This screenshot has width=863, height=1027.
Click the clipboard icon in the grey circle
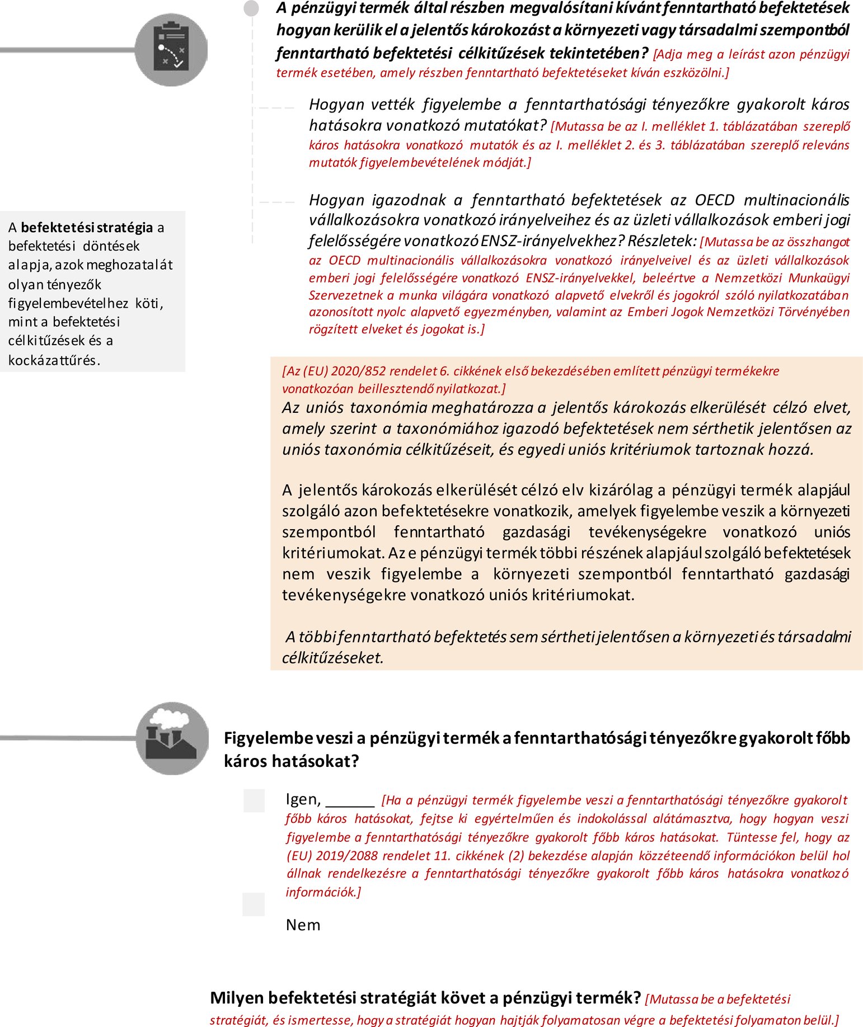pos(171,50)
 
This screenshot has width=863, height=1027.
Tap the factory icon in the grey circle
pos(172,738)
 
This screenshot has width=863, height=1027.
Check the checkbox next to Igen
pos(254,800)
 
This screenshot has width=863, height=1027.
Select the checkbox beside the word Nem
pos(254,904)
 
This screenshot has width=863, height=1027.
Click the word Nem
pos(303,925)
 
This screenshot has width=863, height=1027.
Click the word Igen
pos(302,800)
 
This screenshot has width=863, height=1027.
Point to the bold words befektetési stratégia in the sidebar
pos(87,228)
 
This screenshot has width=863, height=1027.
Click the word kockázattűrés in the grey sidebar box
pos(54,360)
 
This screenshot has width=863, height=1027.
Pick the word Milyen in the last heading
pos(237,998)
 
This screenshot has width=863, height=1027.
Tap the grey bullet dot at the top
pos(251,8)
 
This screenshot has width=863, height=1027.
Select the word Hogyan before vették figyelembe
pos(336,105)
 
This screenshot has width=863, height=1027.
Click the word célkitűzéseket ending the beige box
pos(332,658)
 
